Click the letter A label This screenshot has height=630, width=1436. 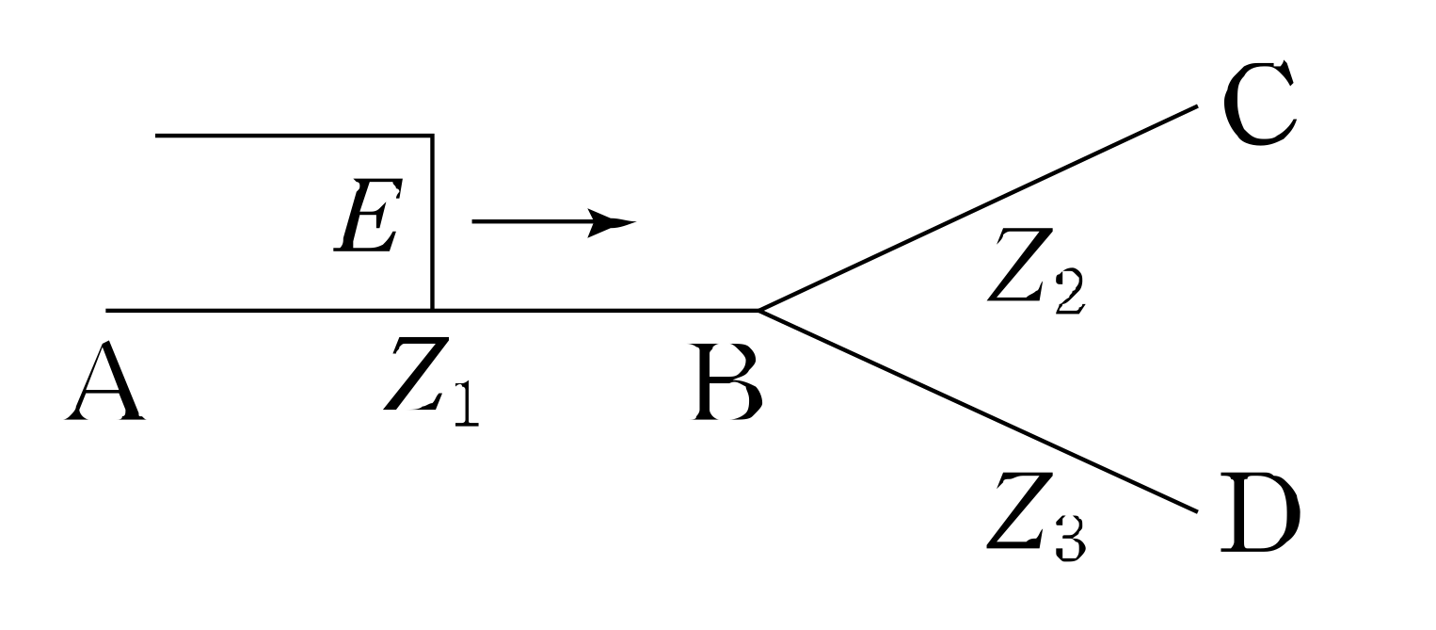[x=104, y=381]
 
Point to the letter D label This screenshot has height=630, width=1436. [x=1260, y=512]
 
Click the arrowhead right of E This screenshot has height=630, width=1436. [x=612, y=223]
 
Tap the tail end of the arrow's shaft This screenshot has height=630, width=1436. [x=473, y=222]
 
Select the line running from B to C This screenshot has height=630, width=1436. [x=979, y=207]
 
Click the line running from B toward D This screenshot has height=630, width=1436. [x=979, y=412]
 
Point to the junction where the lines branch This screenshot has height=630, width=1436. [x=758, y=310]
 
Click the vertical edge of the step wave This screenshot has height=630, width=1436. [x=432, y=222]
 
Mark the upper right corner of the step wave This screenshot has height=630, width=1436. [x=432, y=136]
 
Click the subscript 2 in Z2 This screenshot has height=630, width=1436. [x=1069, y=292]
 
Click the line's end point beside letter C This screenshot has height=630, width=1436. [x=1197, y=105]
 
